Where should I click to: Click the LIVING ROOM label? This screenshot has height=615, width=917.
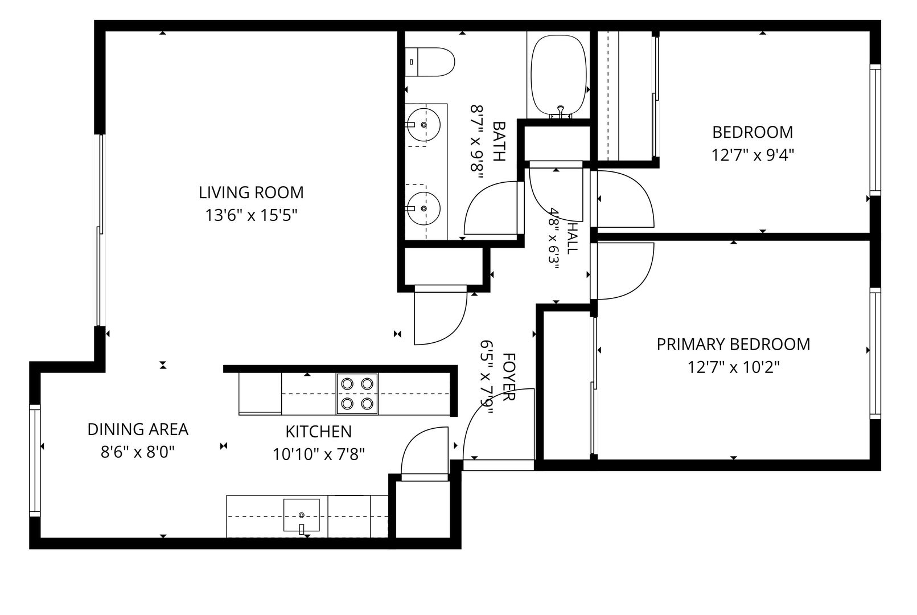(251, 192)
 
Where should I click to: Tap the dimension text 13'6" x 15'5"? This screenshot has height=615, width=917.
(251, 215)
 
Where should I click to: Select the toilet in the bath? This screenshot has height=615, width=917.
(430, 62)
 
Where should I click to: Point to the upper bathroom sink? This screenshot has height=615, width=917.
(424, 125)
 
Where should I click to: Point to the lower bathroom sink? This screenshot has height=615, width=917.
(424, 208)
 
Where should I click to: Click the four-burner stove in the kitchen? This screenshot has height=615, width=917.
(357, 394)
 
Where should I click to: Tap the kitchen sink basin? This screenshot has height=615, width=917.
(301, 515)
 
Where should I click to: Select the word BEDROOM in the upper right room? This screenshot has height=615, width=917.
(752, 132)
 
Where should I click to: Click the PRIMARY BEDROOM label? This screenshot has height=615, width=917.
(733, 345)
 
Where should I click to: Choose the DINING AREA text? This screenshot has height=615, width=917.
(138, 429)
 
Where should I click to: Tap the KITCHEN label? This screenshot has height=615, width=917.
(319, 432)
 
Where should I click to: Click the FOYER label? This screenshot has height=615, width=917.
(508, 377)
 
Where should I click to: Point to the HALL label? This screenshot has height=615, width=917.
(573, 238)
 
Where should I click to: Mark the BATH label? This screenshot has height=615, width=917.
(498, 141)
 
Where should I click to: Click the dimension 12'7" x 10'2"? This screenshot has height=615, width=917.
(733, 367)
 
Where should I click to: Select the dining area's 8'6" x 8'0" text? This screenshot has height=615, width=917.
(138, 453)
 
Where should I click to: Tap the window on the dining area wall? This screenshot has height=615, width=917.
(35, 461)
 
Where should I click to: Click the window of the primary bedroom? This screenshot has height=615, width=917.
(875, 354)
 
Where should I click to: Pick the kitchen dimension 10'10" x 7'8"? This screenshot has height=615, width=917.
(319, 454)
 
